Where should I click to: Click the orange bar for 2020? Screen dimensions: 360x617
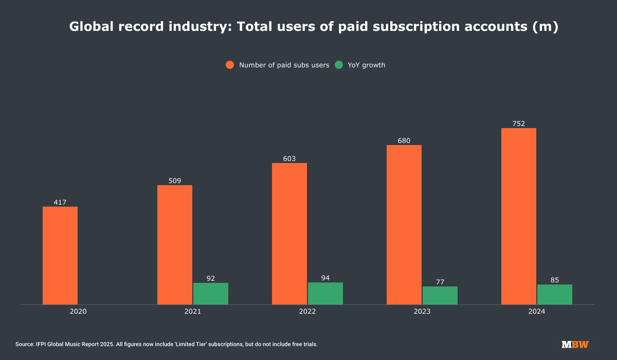click(60, 256)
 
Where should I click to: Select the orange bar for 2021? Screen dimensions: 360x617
click(175, 245)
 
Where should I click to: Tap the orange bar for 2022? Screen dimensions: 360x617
click(289, 233)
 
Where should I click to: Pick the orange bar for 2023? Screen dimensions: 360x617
click(404, 225)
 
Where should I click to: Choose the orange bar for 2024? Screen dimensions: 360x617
click(519, 216)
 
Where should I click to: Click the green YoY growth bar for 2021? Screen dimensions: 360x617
click(211, 294)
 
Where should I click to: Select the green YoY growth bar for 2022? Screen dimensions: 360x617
click(325, 293)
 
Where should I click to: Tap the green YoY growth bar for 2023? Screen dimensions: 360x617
click(440, 295)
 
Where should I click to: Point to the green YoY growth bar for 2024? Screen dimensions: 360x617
click(555, 294)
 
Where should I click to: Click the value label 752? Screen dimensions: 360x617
click(519, 123)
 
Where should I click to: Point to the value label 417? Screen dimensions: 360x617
click(60, 202)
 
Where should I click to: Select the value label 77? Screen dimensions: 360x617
click(440, 282)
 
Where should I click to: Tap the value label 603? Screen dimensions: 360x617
click(289, 158)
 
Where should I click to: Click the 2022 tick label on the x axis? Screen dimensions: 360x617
click(307, 312)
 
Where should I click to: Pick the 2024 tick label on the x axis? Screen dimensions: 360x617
click(537, 312)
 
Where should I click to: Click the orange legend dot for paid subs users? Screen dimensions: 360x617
click(230, 65)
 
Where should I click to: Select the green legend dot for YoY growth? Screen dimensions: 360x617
click(339, 65)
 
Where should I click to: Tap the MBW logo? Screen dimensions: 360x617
click(575, 344)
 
